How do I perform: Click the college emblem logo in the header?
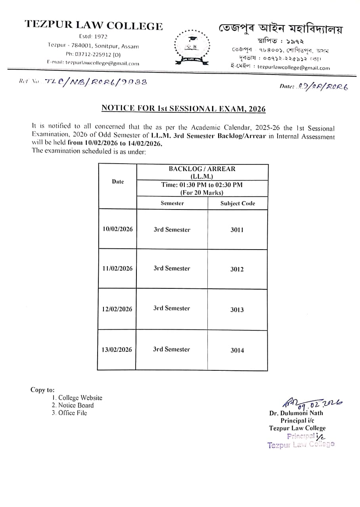[x=190, y=46]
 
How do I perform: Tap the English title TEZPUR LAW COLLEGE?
[x=94, y=26]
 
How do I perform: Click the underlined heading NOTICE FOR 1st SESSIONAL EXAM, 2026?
[x=183, y=108]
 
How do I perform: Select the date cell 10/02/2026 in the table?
[x=117, y=229]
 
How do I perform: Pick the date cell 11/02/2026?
[x=117, y=269]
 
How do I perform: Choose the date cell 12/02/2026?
[x=117, y=309]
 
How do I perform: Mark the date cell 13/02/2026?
[x=117, y=350]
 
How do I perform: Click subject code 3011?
[x=237, y=230]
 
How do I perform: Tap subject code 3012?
[x=237, y=269]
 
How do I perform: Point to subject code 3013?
[x=237, y=310]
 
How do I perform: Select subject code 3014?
[x=237, y=350]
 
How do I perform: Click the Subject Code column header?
[x=237, y=204]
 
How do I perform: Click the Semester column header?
[x=172, y=203]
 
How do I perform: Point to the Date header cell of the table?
[x=118, y=182]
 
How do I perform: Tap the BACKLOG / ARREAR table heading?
[x=202, y=169]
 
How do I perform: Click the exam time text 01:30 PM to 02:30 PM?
[x=202, y=185]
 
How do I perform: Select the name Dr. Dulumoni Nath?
[x=296, y=413]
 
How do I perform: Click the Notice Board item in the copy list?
[x=76, y=405]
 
